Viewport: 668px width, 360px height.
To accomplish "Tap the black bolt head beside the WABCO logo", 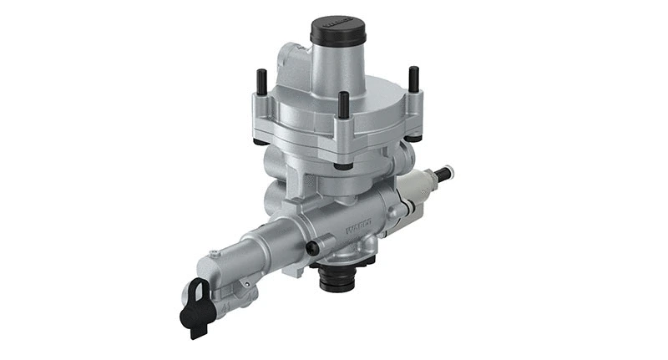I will point(312,246).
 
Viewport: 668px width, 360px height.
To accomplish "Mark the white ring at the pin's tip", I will point(451,172).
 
